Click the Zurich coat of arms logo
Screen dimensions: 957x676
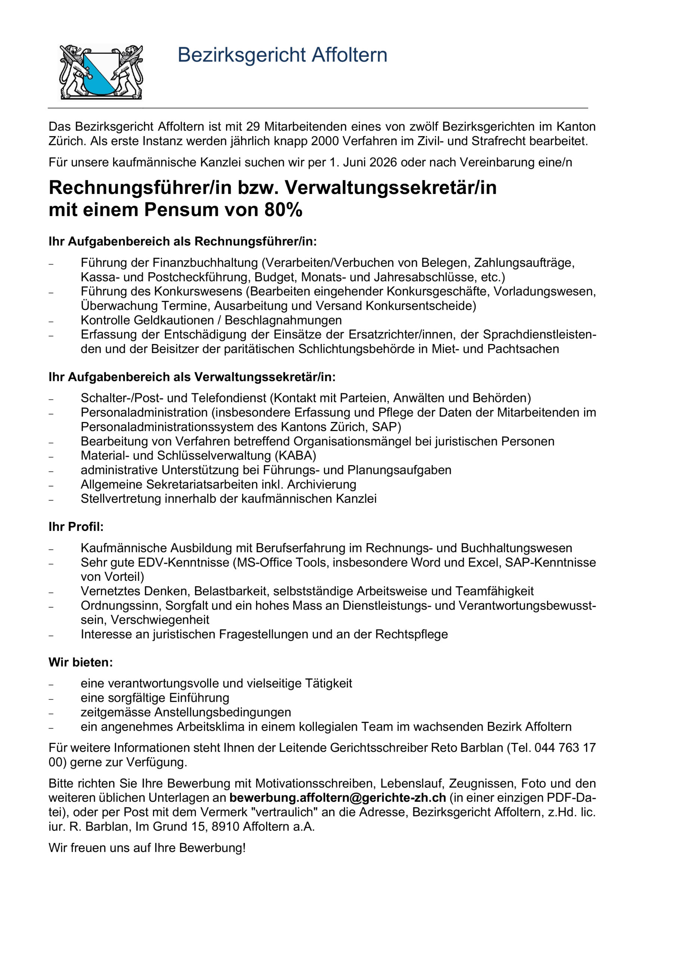[101, 72]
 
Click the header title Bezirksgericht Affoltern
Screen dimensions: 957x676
[282, 55]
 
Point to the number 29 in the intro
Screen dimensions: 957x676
[253, 126]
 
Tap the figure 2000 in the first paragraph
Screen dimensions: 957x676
[325, 141]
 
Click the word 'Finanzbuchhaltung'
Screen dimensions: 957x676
[206, 263]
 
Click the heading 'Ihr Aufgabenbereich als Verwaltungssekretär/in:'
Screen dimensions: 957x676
[192, 377]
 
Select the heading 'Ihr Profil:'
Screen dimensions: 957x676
[76, 527]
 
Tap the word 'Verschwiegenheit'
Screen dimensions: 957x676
[160, 620]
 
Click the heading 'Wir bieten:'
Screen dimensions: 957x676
[80, 662]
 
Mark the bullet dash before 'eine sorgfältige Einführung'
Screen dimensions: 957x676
[51, 699]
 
